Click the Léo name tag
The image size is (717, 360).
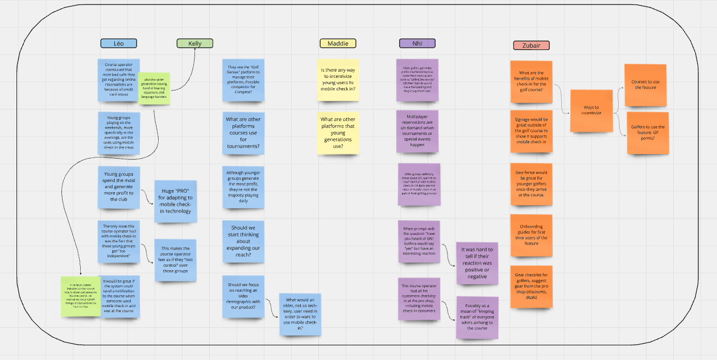[118, 43]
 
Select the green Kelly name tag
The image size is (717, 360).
[194, 43]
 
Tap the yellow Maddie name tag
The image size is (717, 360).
[338, 43]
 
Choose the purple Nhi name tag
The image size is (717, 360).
[417, 43]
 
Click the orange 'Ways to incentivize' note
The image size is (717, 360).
[591, 110]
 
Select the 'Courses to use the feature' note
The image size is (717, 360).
[645, 85]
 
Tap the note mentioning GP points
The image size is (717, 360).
[648, 133]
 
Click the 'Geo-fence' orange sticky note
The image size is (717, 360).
[531, 183]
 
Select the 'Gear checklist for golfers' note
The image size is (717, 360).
[531, 287]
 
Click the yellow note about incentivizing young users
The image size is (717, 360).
[338, 80]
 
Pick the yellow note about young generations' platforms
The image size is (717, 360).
[338, 133]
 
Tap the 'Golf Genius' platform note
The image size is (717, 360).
[243, 80]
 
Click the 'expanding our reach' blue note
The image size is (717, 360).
[243, 242]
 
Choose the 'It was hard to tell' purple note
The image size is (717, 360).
[477, 263]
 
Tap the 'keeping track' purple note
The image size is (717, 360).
[477, 318]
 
